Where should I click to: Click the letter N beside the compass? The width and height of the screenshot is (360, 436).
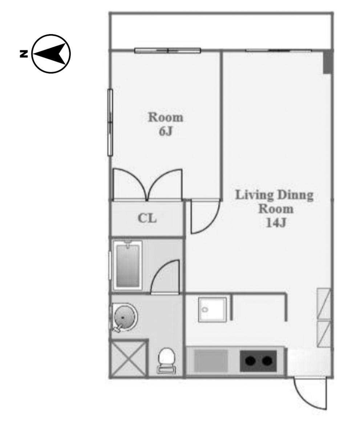[x=24, y=54]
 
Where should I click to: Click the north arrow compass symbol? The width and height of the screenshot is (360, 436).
[x=51, y=54]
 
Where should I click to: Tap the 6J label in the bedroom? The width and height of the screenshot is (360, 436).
[x=166, y=131]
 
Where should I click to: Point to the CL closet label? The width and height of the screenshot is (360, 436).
[x=147, y=218]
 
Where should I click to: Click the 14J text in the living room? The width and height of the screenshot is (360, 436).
[x=276, y=223]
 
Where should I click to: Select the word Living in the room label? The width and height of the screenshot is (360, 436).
[x=254, y=195]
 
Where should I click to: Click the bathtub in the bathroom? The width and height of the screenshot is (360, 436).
[x=128, y=266]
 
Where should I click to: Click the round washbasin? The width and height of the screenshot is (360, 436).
[x=125, y=318]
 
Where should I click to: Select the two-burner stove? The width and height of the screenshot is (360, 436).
[x=258, y=361]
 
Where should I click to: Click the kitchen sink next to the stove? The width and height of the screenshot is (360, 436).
[x=211, y=361]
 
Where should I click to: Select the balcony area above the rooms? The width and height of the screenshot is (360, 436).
[x=221, y=31]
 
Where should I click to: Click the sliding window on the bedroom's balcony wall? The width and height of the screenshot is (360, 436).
[x=167, y=51]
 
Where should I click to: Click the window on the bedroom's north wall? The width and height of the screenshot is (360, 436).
[x=110, y=122]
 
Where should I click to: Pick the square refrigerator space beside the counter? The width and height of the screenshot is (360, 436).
[x=213, y=310]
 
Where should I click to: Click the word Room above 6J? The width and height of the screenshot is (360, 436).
[x=166, y=117]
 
